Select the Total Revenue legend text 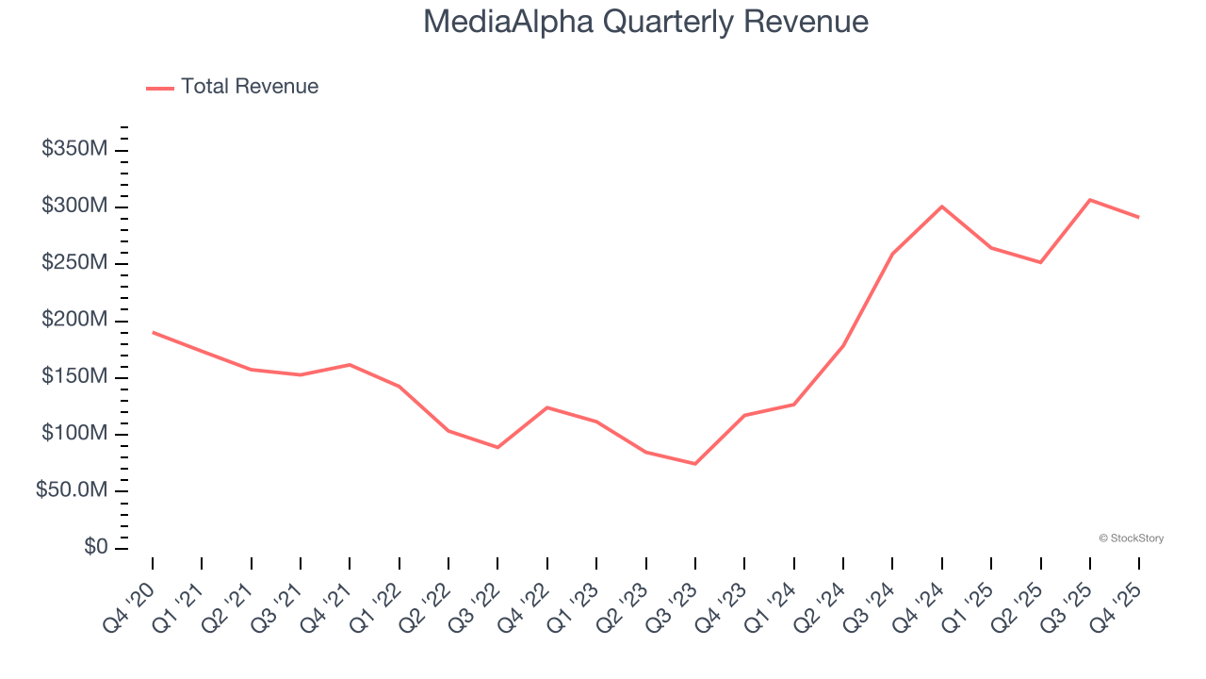[x=250, y=87]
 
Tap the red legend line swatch [x=160, y=88]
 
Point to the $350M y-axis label [x=74, y=149]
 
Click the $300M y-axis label [x=74, y=207]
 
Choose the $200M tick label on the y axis [x=74, y=321]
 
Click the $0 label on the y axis [x=94, y=548]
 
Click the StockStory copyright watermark [x=1131, y=538]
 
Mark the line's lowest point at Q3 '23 [x=695, y=464]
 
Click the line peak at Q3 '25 [x=1090, y=200]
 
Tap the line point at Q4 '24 [x=942, y=207]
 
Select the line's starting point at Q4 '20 [x=153, y=332]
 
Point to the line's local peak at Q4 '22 [x=547, y=407]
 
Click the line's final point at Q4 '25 [x=1139, y=218]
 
